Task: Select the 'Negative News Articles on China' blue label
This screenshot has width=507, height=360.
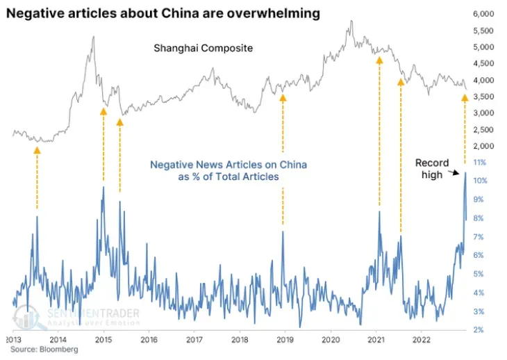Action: point(229,170)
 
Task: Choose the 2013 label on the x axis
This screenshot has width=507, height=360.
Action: point(13,340)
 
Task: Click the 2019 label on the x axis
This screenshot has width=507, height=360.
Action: point(285,340)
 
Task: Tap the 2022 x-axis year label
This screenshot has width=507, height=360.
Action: point(422,340)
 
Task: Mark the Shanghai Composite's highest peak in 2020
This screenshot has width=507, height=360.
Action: point(352,22)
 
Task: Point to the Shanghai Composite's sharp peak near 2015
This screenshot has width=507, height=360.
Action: point(94,37)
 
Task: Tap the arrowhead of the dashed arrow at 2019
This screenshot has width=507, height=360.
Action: point(283,97)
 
